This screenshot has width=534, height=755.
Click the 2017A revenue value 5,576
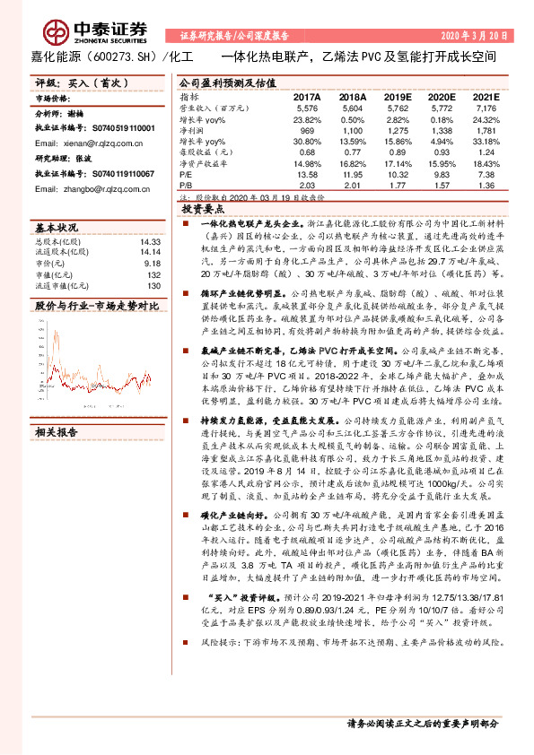[x=307, y=107]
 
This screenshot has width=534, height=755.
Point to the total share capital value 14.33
[x=149, y=267]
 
